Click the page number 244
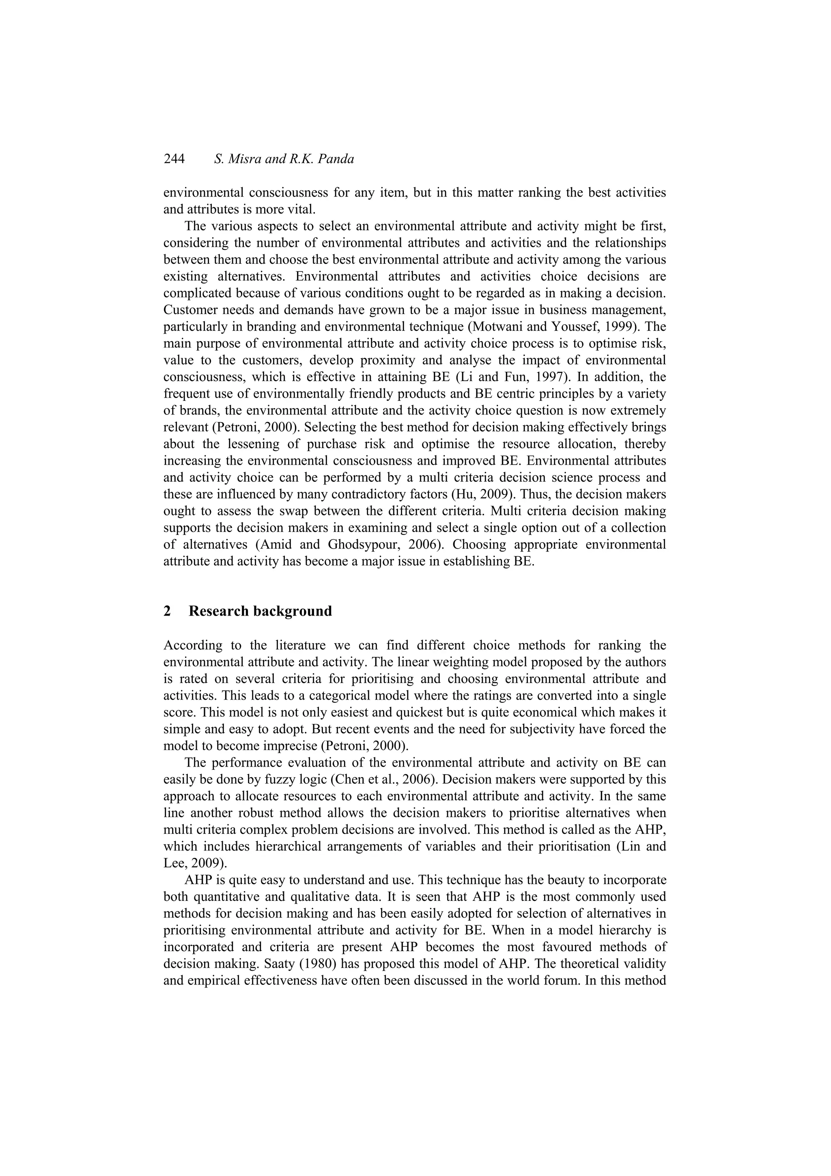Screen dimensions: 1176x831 tap(174, 159)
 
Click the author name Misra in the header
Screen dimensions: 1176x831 tap(240, 159)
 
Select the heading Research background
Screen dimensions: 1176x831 tap(260, 611)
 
